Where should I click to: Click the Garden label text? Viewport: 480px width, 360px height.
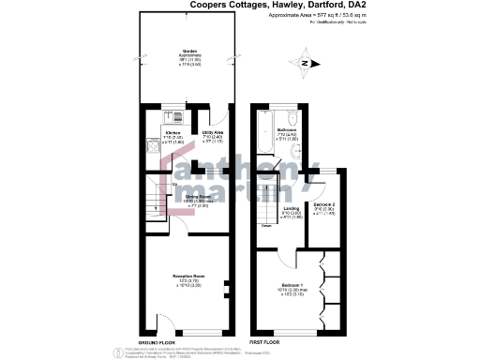click(189, 52)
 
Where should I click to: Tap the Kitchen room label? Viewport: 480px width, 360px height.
click(172, 134)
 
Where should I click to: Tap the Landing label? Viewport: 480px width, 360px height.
click(292, 209)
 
